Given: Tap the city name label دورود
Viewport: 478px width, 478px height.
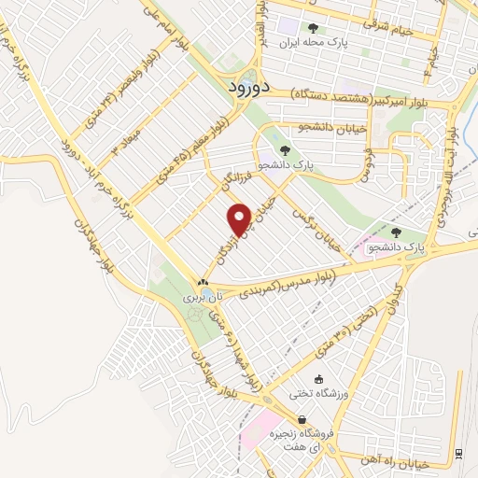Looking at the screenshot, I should tap(248, 86).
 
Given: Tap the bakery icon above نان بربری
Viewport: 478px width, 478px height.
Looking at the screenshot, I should tap(203, 281).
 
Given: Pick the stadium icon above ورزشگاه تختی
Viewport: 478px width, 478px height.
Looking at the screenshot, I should tap(319, 379).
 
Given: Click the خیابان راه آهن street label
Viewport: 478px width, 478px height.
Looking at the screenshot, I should tap(415, 459).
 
